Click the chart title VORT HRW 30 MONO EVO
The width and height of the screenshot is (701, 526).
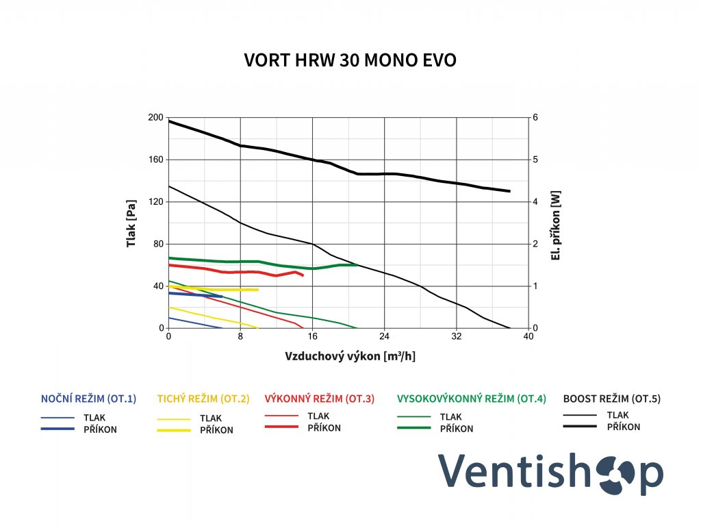click(x=350, y=61)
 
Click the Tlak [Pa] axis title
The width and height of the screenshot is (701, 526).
click(x=131, y=223)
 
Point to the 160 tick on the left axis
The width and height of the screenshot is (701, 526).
click(x=156, y=160)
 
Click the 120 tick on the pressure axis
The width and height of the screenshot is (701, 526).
click(x=156, y=202)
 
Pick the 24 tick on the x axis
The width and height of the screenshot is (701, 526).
click(x=384, y=337)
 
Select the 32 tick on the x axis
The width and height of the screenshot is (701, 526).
click(x=456, y=337)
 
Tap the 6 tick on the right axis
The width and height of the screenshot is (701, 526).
click(x=535, y=118)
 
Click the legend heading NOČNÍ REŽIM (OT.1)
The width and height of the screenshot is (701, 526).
click(x=89, y=399)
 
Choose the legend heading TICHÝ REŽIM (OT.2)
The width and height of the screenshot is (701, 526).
click(x=203, y=399)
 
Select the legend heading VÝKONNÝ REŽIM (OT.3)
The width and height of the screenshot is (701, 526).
click(x=319, y=399)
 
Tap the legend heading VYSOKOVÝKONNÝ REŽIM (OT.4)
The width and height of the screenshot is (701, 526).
click(x=472, y=399)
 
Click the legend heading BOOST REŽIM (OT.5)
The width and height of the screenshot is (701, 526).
click(x=612, y=399)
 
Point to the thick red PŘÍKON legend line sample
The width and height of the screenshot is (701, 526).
click(x=281, y=427)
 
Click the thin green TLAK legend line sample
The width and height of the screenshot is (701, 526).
click(x=414, y=416)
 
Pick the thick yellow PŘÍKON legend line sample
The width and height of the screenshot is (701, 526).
click(x=174, y=430)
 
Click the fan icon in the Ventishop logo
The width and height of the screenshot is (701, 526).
click(x=613, y=473)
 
